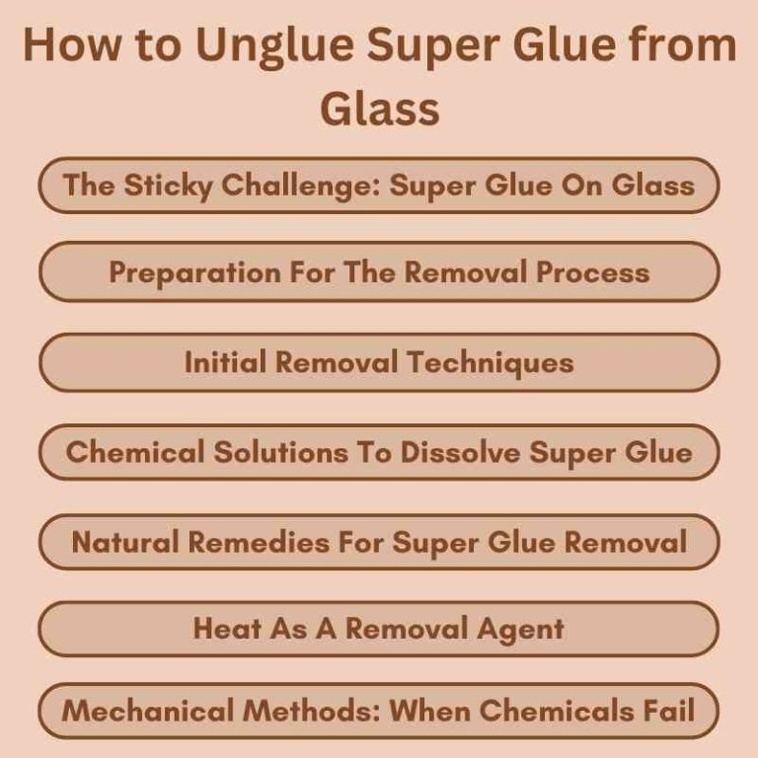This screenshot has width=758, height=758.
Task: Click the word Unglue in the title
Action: coord(255,46)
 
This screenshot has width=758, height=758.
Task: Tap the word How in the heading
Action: coord(69,46)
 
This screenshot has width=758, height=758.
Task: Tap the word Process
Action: coord(592,271)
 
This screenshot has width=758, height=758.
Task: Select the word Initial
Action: coord(225,362)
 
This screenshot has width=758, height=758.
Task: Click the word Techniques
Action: coord(490,362)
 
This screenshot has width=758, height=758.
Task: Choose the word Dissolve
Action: coord(461,452)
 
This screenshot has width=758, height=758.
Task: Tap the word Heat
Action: coord(227,629)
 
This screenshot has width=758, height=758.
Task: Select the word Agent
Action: coord(522,629)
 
